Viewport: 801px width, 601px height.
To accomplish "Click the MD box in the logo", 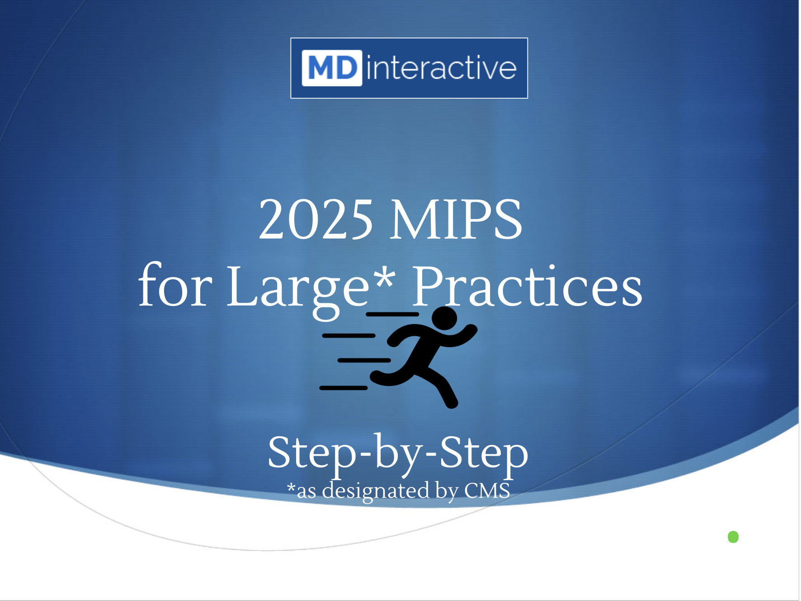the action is (x=332, y=68).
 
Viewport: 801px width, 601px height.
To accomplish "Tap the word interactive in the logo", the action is (x=441, y=68).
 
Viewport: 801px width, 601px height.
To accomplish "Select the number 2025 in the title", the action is (x=316, y=220).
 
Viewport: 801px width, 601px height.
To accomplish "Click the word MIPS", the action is (x=456, y=220).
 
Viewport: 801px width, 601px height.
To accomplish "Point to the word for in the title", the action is (x=175, y=285).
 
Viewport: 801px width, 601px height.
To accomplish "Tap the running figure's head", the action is (x=445, y=318).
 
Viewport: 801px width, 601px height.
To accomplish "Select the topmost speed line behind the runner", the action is (x=392, y=314).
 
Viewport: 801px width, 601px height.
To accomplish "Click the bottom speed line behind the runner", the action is (x=344, y=388).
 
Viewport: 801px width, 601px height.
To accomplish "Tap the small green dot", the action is (x=733, y=537).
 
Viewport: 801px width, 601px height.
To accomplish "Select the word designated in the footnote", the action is (x=376, y=491).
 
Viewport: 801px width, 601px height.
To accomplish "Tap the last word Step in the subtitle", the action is (x=484, y=454).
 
